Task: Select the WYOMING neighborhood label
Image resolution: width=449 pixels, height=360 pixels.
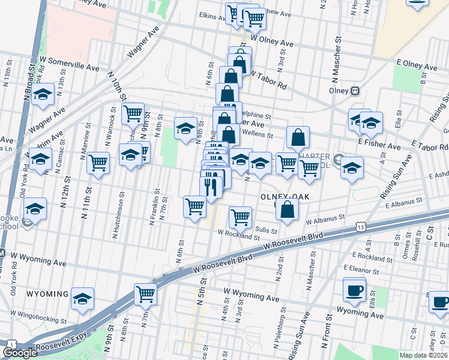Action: (x=47, y=294)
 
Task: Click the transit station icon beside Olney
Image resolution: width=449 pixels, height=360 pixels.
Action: (x=355, y=91)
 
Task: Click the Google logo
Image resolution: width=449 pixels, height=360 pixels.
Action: (x=20, y=353)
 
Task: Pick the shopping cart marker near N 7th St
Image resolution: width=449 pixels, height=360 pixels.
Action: (x=145, y=294)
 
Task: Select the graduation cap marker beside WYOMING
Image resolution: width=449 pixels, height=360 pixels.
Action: (x=83, y=298)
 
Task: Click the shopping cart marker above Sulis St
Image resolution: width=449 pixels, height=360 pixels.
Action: (x=240, y=217)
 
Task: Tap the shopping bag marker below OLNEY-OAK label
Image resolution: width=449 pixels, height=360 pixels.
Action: (x=288, y=210)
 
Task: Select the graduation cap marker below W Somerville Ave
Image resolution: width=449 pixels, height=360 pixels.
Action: (x=43, y=95)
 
